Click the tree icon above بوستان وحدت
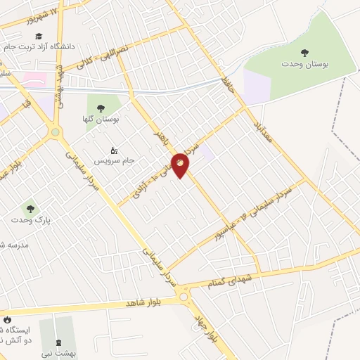point(304,52)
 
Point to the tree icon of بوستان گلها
point(101,108)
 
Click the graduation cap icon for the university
point(39,35)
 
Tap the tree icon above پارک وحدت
point(30,207)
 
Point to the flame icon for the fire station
point(7,319)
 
